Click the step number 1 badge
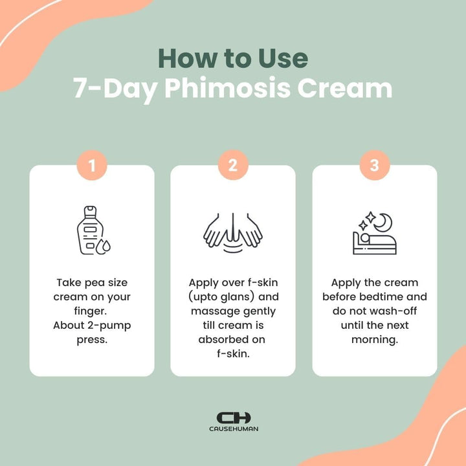92,166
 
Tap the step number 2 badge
233,166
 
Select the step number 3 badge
374,166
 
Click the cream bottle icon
91,231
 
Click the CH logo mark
233,418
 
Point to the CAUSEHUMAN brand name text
233,429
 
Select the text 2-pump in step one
110,326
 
